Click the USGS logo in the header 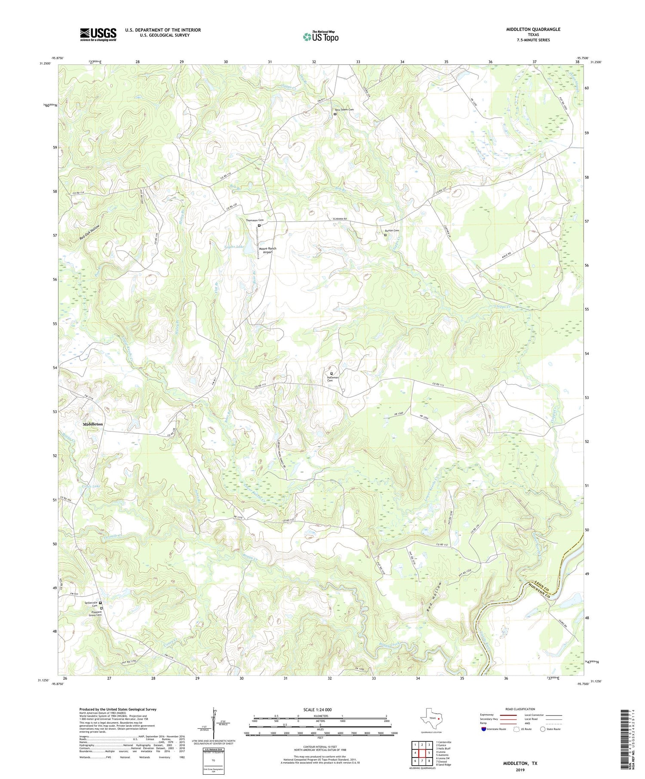(98, 34)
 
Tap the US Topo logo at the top (320, 37)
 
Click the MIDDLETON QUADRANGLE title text (534, 29)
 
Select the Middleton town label (93, 424)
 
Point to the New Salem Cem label (344, 110)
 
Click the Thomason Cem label (255, 220)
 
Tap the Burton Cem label (392, 231)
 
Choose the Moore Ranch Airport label (268, 251)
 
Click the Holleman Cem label (333, 379)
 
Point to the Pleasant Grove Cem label (95, 613)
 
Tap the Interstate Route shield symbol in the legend (484, 729)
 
